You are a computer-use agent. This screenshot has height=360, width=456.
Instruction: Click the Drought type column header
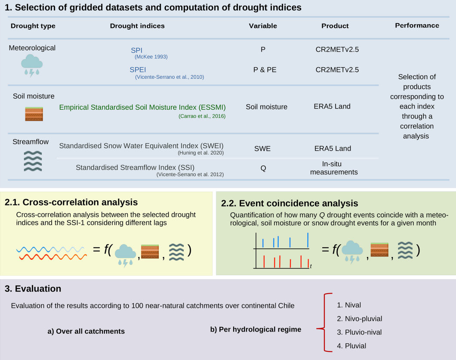[33, 26]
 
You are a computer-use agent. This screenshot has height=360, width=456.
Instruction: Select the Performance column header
[417, 25]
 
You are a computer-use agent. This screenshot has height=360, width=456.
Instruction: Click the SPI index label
[137, 50]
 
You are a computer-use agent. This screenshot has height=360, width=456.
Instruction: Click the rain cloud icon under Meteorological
[32, 65]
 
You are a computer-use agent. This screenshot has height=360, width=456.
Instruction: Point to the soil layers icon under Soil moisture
[34, 114]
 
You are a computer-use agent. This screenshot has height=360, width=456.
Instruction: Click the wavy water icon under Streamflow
[32, 161]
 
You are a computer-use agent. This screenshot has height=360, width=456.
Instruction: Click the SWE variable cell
[262, 148]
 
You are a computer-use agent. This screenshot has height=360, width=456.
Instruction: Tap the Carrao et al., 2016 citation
[202, 116]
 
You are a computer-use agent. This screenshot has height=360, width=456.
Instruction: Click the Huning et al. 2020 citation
[200, 153]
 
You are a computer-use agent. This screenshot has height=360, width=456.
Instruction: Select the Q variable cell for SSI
[263, 168]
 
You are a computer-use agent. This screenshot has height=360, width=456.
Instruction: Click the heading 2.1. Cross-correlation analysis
[71, 202]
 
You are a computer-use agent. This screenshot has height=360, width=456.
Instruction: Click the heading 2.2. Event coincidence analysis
[290, 203]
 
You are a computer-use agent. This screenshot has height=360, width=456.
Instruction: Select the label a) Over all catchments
[86, 331]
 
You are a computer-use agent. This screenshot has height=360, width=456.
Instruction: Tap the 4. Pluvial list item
[351, 345]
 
